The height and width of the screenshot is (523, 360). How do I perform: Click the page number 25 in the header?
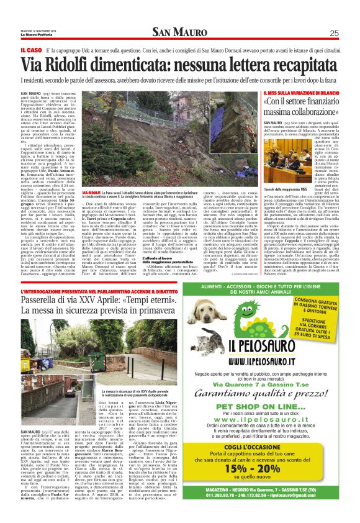coord(334,33)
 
